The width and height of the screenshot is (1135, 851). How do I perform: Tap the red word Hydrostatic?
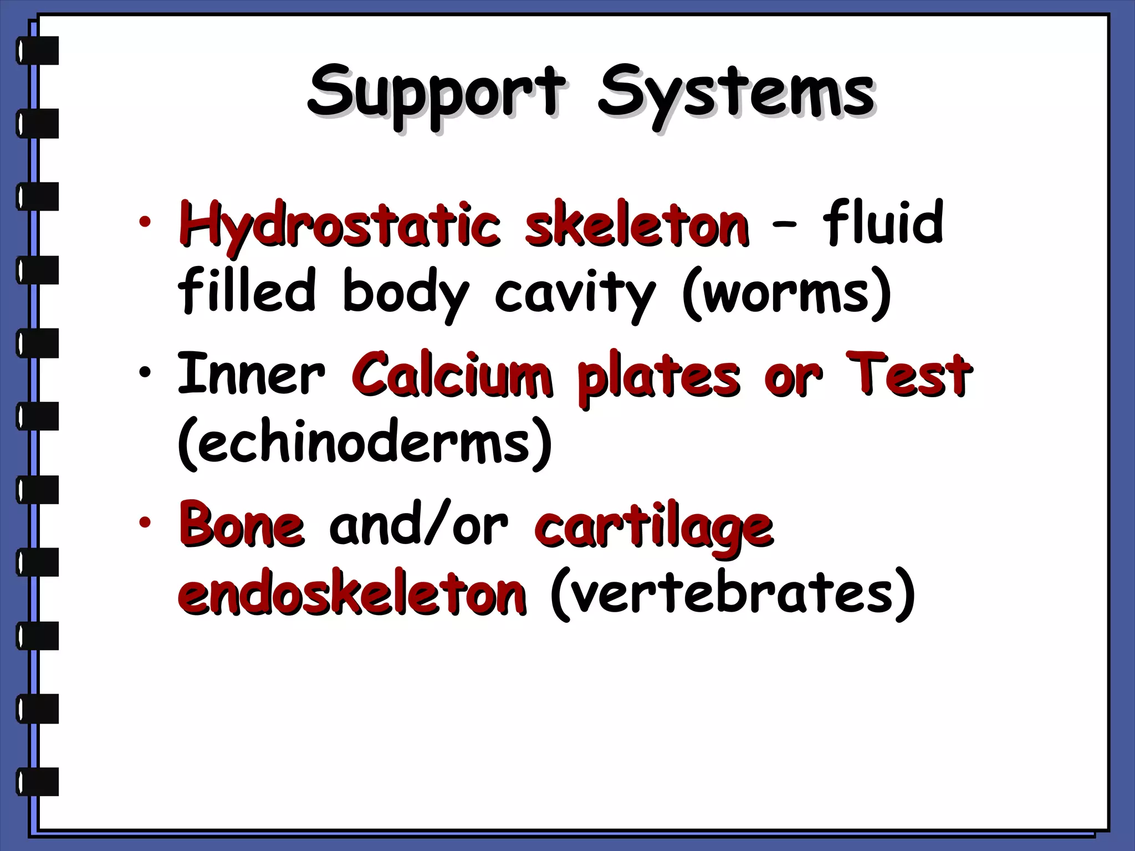click(x=339, y=224)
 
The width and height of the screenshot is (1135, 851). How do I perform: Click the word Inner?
click(x=250, y=374)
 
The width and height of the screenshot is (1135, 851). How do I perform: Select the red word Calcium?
click(x=452, y=374)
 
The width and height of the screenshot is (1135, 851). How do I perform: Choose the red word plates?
click(x=658, y=377)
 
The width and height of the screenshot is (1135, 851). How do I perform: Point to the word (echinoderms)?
click(x=365, y=443)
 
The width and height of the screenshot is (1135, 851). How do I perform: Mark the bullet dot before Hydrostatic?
click(x=145, y=223)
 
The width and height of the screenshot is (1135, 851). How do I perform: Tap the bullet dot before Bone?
click(x=145, y=522)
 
